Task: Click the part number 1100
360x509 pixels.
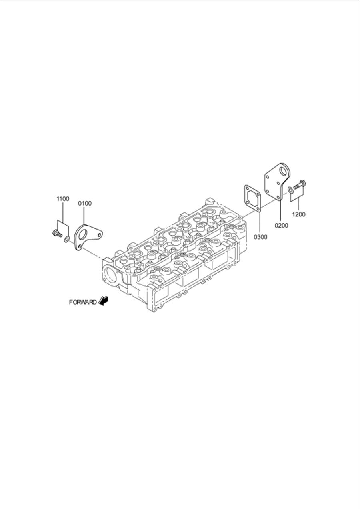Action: click(62, 199)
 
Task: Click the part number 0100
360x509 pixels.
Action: click(85, 203)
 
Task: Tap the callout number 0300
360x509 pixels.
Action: click(260, 237)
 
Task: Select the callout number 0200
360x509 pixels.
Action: click(281, 225)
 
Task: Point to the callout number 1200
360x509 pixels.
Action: click(298, 214)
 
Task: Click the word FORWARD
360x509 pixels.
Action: click(82, 302)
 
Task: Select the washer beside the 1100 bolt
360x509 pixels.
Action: click(66, 239)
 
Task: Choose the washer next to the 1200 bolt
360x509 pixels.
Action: click(290, 188)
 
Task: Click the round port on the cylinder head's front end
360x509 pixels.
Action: click(110, 275)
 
